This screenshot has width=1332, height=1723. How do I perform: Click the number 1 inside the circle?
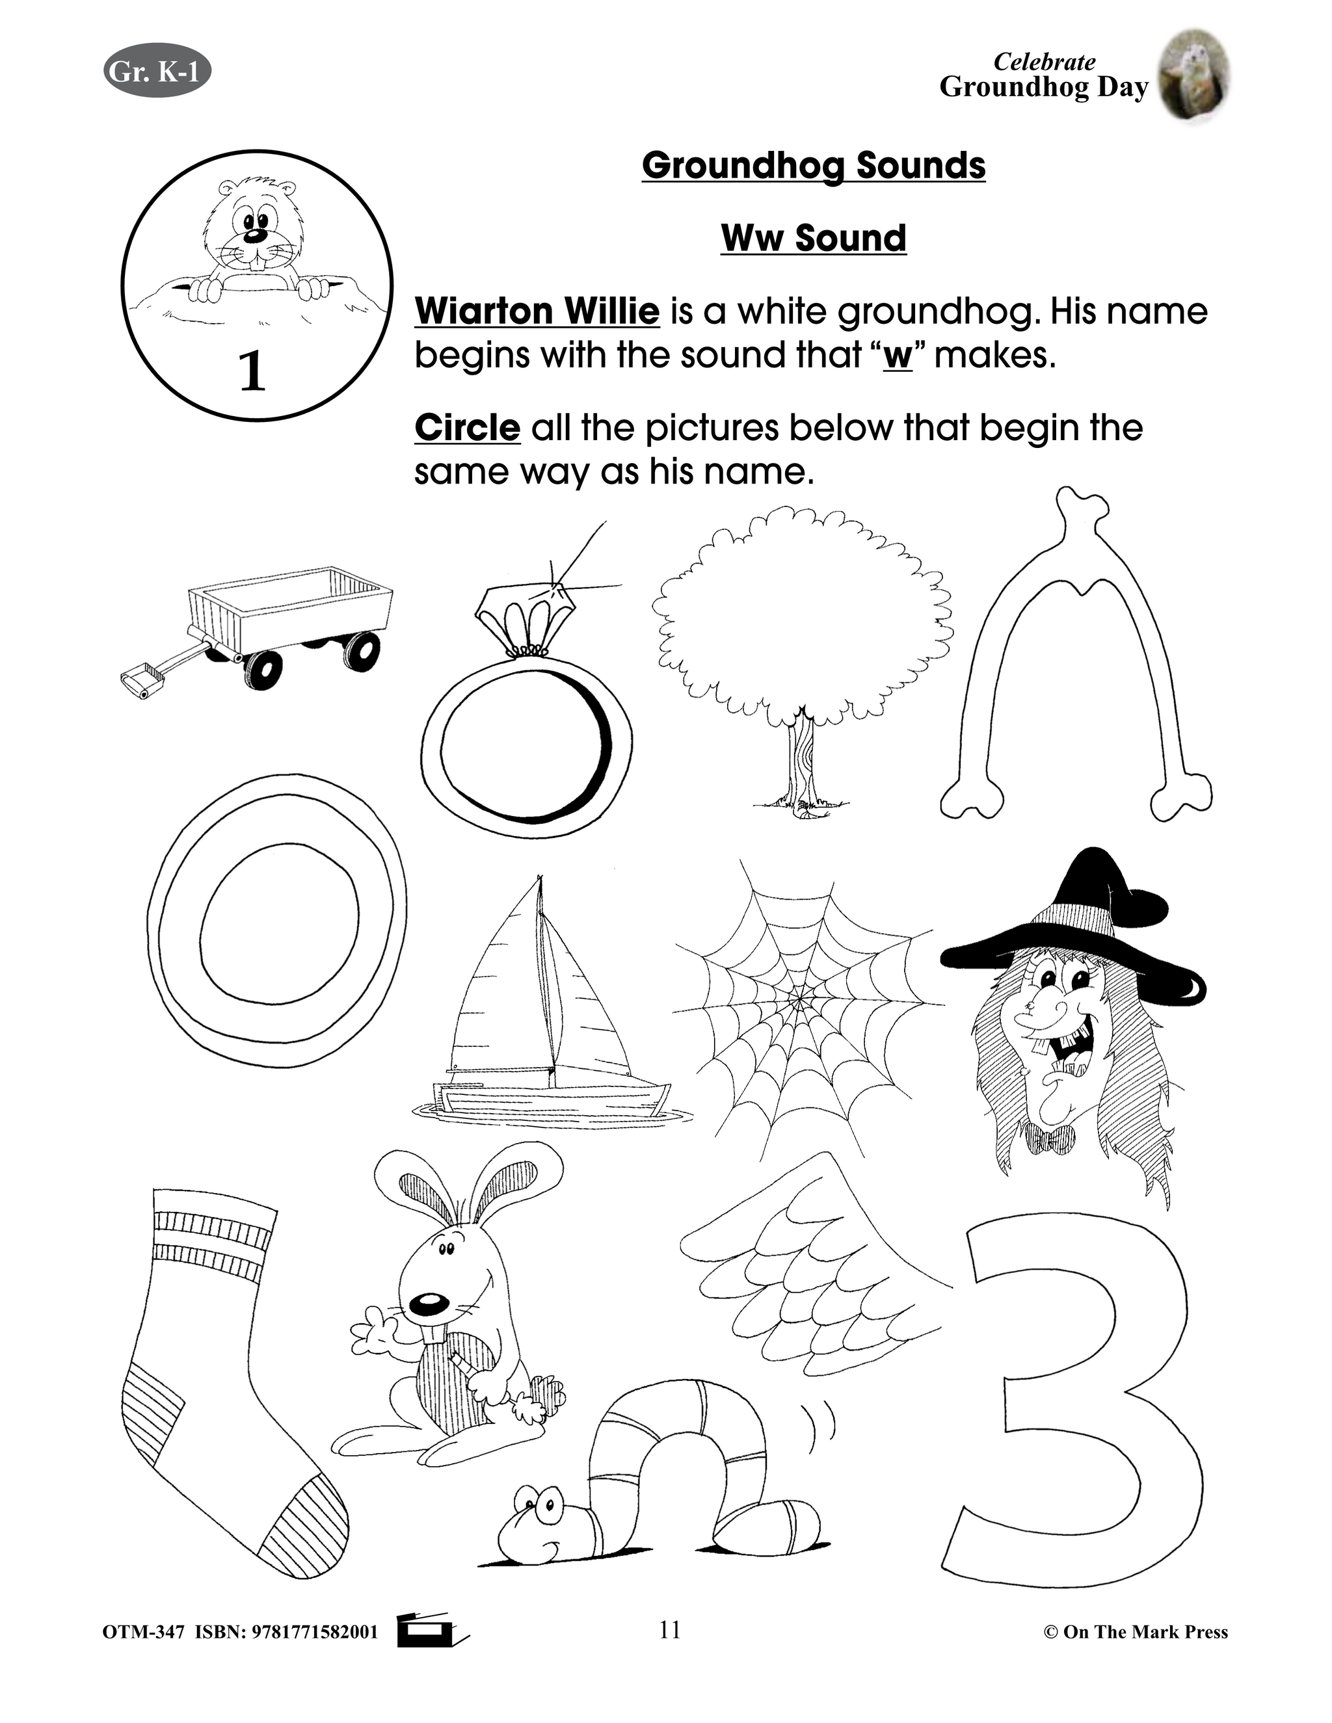[252, 371]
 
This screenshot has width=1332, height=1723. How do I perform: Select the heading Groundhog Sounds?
[814, 166]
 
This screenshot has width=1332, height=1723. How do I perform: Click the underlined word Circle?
[467, 428]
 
